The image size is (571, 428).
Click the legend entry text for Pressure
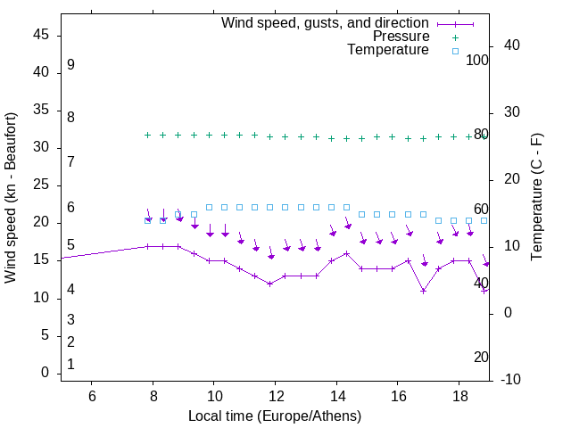click(401, 37)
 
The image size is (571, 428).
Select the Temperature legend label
click(388, 51)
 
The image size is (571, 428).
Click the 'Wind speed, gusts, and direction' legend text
click(326, 22)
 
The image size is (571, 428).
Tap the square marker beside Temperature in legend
click(455, 51)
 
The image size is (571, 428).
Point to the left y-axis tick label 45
click(41, 35)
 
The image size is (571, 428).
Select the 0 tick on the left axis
click(46, 373)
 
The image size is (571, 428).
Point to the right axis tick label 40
click(512, 45)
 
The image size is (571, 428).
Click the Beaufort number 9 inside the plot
click(70, 65)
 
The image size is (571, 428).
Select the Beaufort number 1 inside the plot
click(70, 364)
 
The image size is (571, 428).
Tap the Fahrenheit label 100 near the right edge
click(478, 60)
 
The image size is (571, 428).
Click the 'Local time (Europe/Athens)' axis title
click(275, 416)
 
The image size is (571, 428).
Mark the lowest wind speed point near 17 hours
click(424, 291)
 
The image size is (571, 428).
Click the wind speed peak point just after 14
click(347, 253)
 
